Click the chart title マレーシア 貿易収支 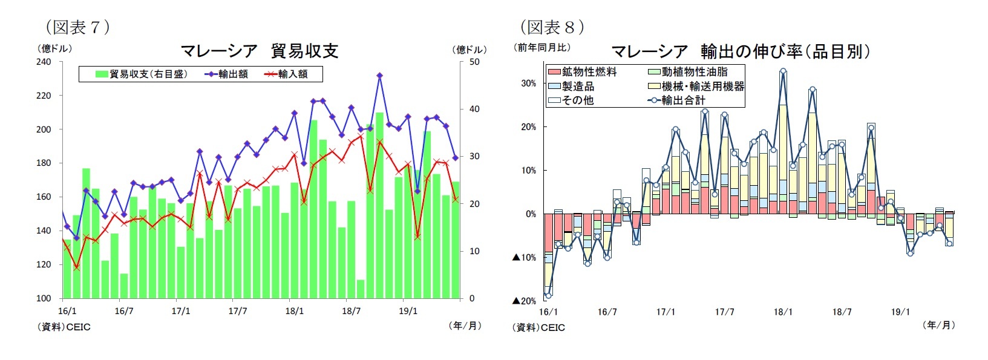pyautogui.click(x=259, y=51)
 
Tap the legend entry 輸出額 pyautogui.click(x=226, y=74)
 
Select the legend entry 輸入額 pyautogui.click(x=286, y=74)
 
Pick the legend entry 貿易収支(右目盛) pyautogui.click(x=142, y=74)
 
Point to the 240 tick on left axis pyautogui.click(x=44, y=62)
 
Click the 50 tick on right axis pyautogui.click(x=474, y=62)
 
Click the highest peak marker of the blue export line pyautogui.click(x=379, y=76)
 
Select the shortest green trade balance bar pyautogui.click(x=361, y=289)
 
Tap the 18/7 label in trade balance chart pyautogui.click(x=351, y=311)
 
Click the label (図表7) pyautogui.click(x=77, y=27)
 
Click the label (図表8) pyautogui.click(x=552, y=27)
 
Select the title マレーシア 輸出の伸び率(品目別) pyautogui.click(x=741, y=51)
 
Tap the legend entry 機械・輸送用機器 pyautogui.click(x=696, y=86)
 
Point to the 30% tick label pyautogui.click(x=528, y=83)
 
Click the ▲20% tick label pyautogui.click(x=525, y=301)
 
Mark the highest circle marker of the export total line pyautogui.click(x=783, y=71)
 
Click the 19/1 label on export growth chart pyautogui.click(x=900, y=312)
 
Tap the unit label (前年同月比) pyautogui.click(x=542, y=47)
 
